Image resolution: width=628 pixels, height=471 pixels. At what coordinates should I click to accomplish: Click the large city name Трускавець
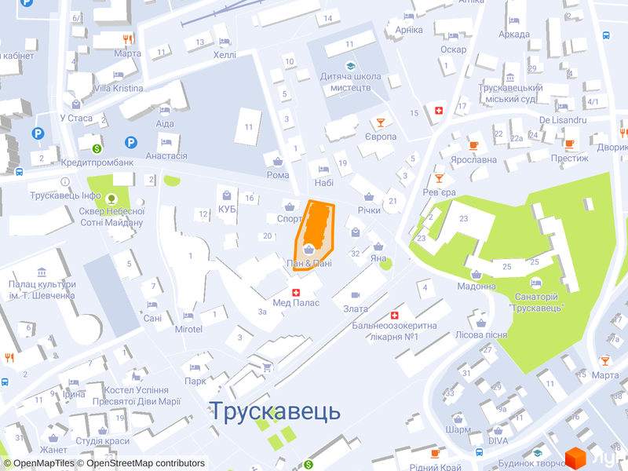pyautogui.click(x=275, y=411)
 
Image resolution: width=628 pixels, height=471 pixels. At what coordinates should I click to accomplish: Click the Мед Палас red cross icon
pyautogui.click(x=296, y=293)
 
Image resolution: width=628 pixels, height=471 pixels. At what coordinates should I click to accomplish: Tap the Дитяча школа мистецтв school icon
pyautogui.click(x=350, y=65)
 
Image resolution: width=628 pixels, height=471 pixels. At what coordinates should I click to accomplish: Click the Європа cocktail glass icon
pyautogui.click(x=380, y=122)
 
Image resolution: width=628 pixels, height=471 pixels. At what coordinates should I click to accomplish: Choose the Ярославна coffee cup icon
pyautogui.click(x=473, y=145)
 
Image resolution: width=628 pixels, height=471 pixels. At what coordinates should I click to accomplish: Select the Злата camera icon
pyautogui.click(x=356, y=295)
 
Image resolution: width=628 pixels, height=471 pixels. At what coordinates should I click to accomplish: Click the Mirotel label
pyautogui.click(x=188, y=328)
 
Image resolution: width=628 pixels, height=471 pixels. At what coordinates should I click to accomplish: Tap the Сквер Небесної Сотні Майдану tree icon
pyautogui.click(x=111, y=199)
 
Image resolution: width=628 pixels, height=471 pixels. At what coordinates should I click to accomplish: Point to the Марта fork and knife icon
pyautogui.click(x=126, y=39)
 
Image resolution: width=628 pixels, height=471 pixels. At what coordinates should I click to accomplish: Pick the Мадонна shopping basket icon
pyautogui.click(x=476, y=274)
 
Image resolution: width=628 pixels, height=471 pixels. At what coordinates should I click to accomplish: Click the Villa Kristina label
pyautogui.click(x=119, y=88)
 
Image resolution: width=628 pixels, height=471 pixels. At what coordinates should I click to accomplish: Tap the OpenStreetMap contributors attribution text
pyautogui.click(x=145, y=463)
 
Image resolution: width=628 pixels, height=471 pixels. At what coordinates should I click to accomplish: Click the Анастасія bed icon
pyautogui.click(x=166, y=142)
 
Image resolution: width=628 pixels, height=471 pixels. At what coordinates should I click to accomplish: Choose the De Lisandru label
pyautogui.click(x=563, y=119)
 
